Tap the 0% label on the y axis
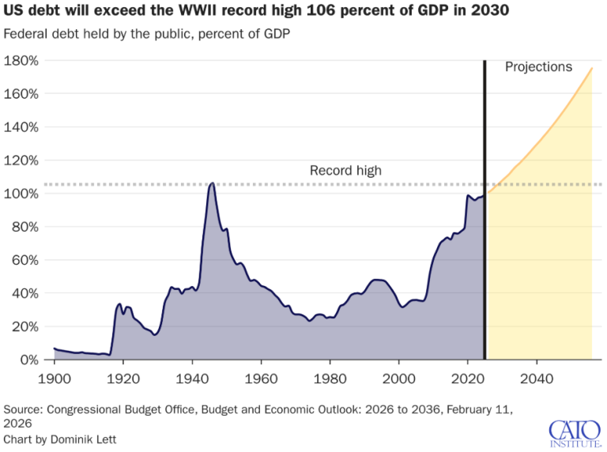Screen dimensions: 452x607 [x=28, y=360]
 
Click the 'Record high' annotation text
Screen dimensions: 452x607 [x=345, y=171]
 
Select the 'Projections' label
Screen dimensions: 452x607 [x=538, y=67]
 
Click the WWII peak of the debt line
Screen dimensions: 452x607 [x=211, y=184]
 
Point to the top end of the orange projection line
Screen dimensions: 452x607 [x=591, y=69]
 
